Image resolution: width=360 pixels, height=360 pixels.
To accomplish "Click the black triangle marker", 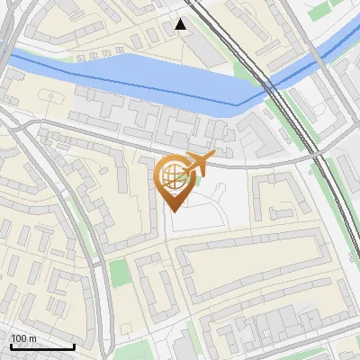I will pos(181,24).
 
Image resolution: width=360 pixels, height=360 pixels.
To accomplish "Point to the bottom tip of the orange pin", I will pos(174,211).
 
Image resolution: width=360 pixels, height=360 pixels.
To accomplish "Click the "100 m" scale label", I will pos(23,338).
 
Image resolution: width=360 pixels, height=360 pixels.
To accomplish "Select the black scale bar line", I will pos(41,346).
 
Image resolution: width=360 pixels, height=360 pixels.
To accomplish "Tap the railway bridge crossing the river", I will pos(269,85).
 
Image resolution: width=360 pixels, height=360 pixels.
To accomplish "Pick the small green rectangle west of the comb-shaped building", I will pos(119,272).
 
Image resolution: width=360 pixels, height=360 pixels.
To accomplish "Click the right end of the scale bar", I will pos(74,346).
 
